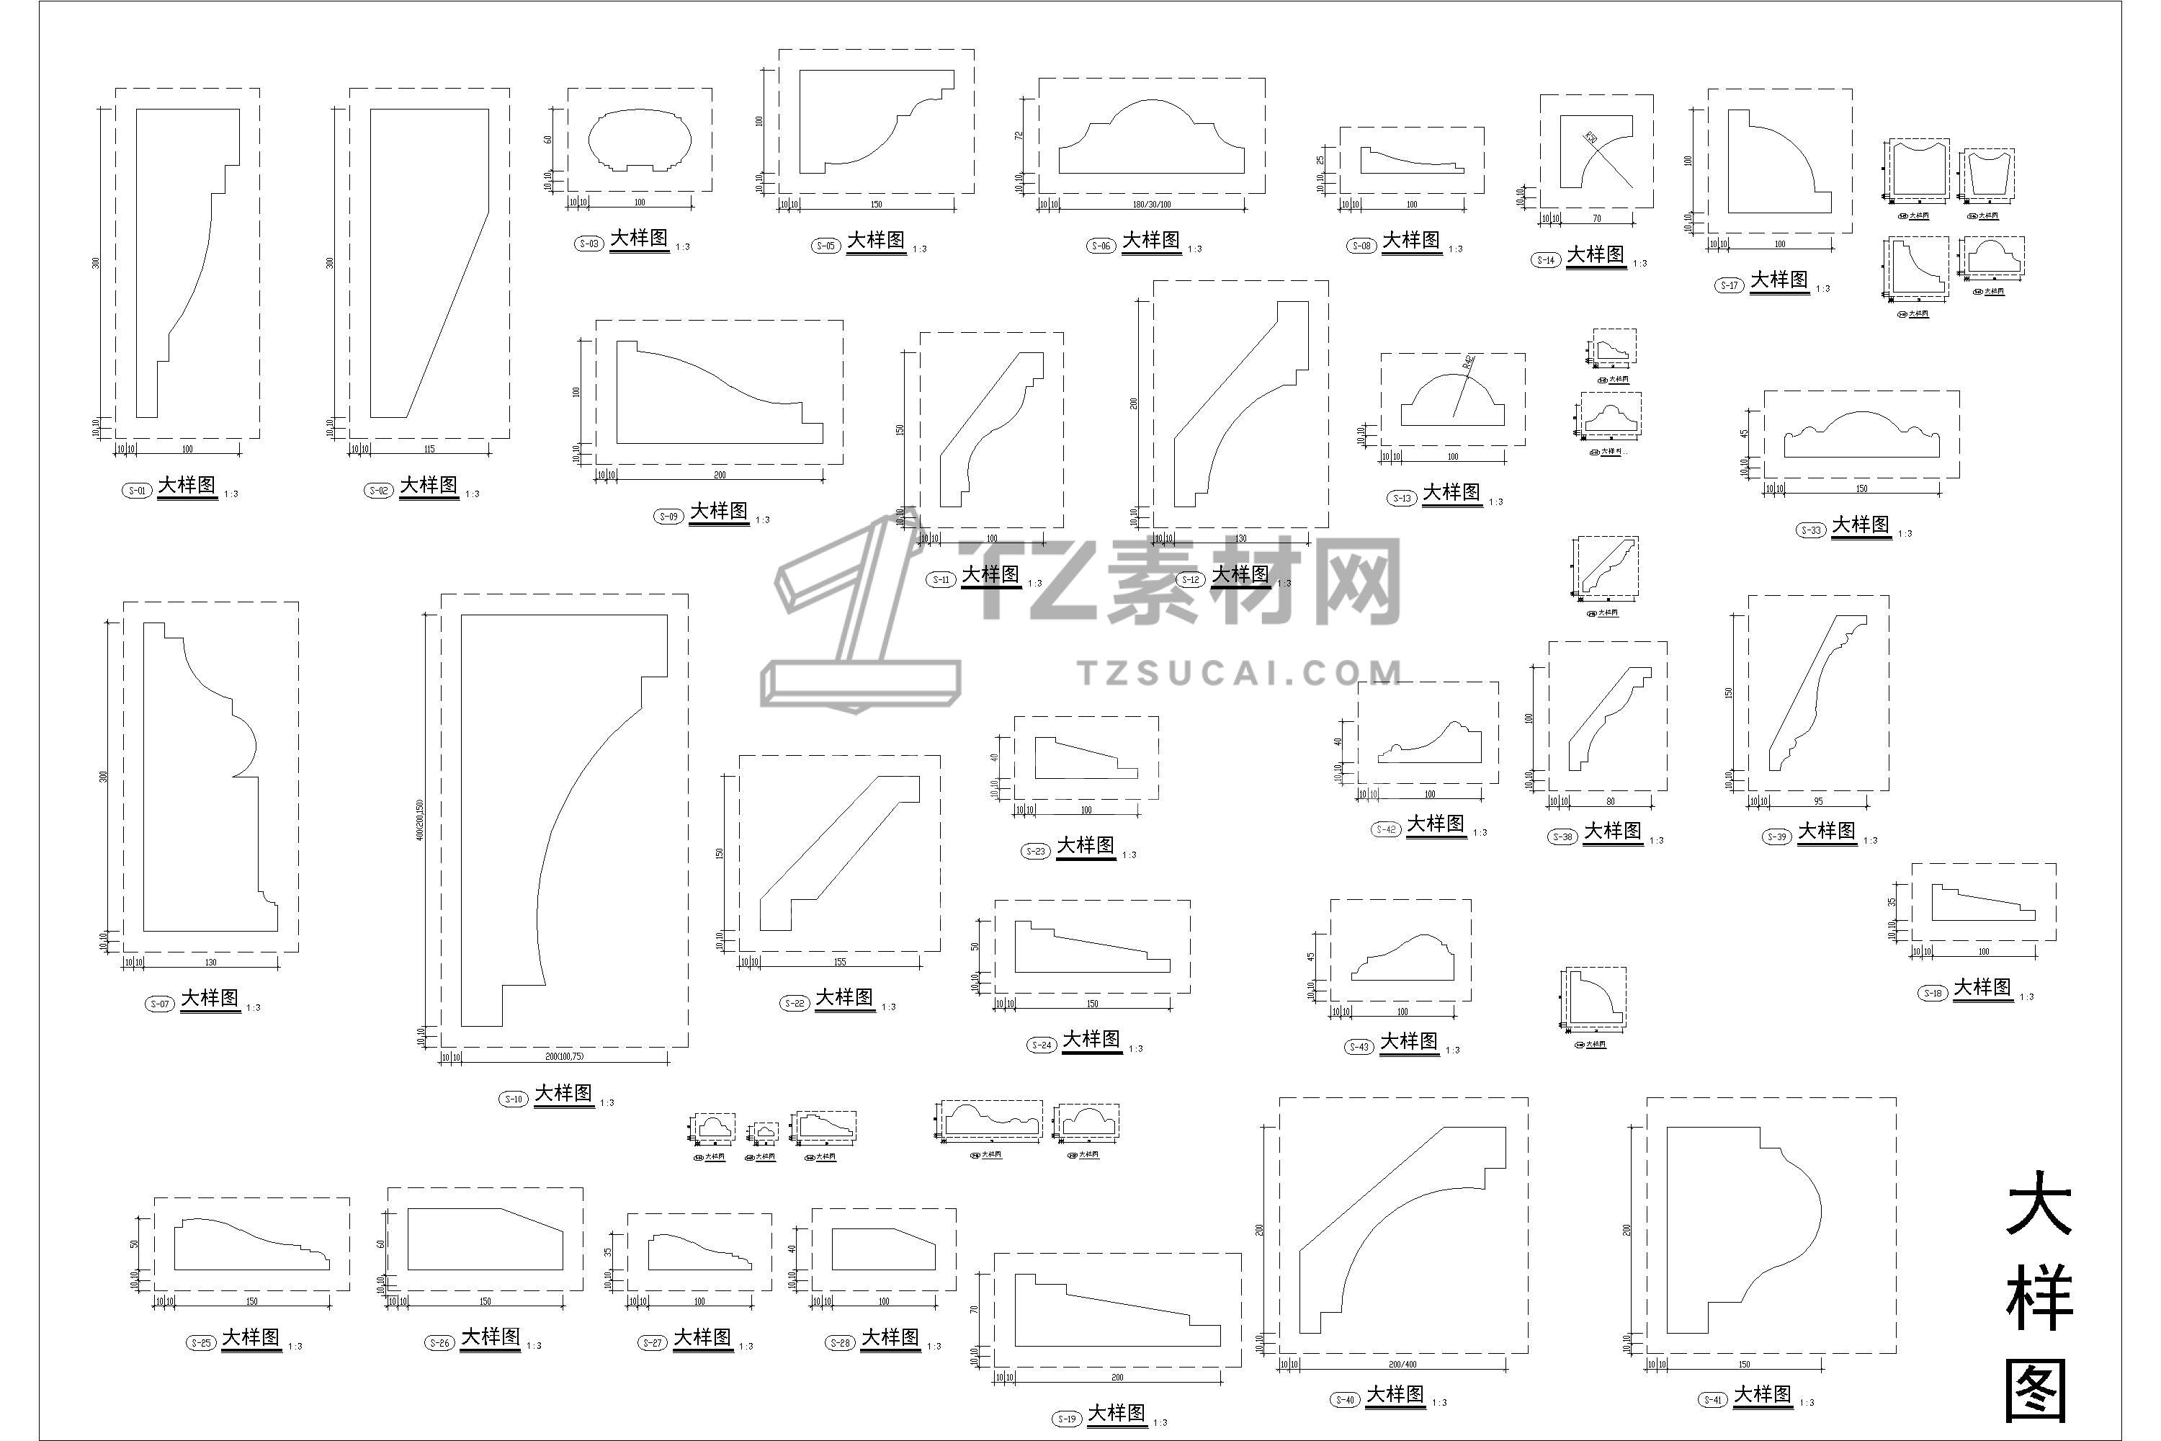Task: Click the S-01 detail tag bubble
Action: point(136,491)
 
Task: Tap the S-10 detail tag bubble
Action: point(514,1099)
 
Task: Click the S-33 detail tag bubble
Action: point(1810,530)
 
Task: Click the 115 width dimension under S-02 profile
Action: point(429,450)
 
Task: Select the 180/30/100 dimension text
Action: point(1151,205)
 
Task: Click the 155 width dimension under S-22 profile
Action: point(840,962)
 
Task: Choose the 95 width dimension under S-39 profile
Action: point(1818,801)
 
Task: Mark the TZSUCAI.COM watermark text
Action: point(1240,674)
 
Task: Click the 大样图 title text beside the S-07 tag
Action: point(210,998)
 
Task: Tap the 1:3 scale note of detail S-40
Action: point(1439,1402)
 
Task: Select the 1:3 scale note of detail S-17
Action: point(1823,289)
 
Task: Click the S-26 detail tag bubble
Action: point(440,1343)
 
